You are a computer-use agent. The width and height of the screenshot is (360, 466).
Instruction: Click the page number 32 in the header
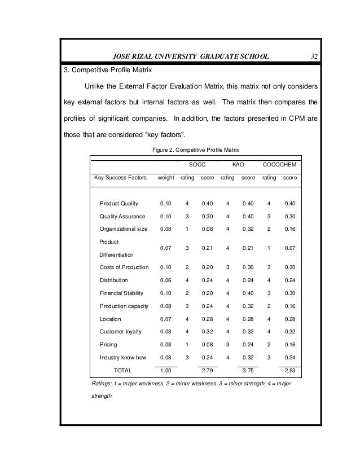pos(315,56)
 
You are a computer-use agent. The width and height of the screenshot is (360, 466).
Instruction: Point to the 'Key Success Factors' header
pos(120,178)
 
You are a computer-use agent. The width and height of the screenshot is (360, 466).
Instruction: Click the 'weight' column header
pos(166,178)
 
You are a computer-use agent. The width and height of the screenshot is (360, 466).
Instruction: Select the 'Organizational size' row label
pos(124,229)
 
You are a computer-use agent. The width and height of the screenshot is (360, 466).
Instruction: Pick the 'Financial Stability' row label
pos(121,293)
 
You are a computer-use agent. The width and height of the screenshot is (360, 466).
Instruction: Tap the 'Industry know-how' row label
pos(122,357)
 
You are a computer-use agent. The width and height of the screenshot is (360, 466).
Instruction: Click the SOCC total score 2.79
pos(208,371)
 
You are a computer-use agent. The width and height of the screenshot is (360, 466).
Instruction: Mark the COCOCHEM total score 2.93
pos(290,371)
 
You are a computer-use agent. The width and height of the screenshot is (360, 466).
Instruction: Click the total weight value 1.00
pos(166,371)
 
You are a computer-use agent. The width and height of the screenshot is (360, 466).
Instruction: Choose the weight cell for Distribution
pos(166,280)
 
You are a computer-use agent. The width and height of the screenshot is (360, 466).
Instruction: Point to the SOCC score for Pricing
pos(208,344)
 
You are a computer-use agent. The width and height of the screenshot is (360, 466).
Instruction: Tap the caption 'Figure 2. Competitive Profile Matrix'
pos(196,150)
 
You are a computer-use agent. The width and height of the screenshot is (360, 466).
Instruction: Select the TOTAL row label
pos(122,371)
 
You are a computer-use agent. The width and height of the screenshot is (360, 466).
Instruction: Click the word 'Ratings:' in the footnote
pos(102,384)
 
